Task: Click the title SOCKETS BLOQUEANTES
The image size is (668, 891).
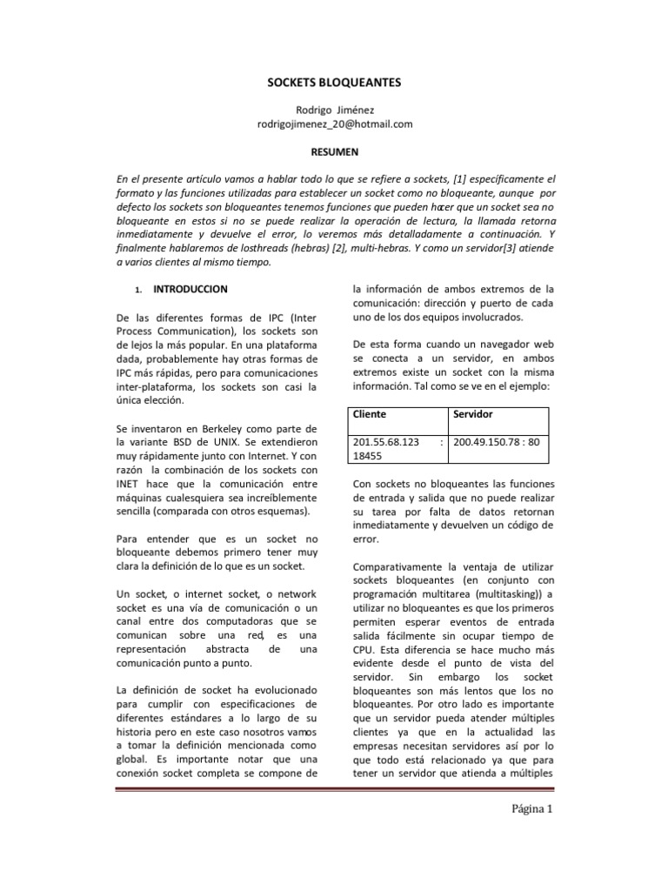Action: (334, 84)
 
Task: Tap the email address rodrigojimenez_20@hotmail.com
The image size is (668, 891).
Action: (334, 124)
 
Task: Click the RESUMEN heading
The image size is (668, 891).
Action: (334, 151)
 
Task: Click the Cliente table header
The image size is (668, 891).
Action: (369, 415)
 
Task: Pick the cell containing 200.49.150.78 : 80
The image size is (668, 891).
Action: (497, 441)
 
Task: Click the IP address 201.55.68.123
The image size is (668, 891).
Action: (385, 441)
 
